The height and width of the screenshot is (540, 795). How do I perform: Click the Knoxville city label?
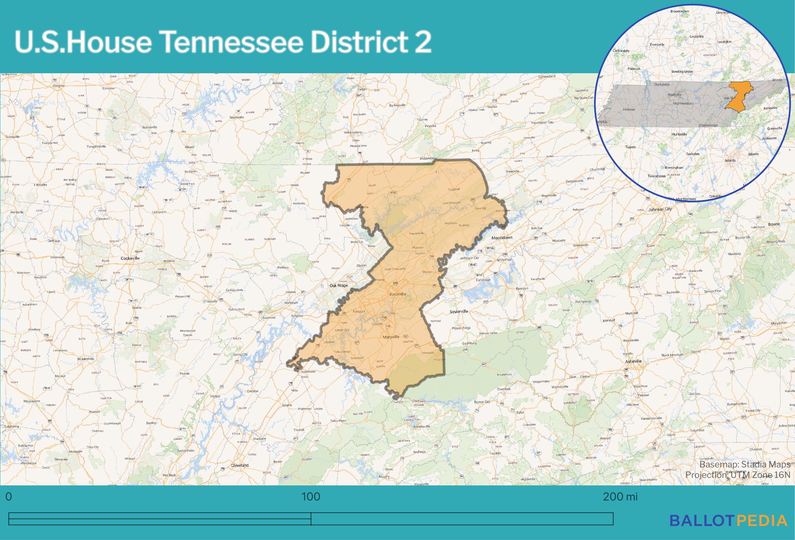398,294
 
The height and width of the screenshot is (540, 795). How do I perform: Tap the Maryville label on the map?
391,337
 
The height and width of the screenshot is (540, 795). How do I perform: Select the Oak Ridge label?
338,285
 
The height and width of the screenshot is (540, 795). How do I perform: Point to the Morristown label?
502,238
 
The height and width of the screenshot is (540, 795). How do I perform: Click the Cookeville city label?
130,258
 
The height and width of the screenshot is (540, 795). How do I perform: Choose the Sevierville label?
459,312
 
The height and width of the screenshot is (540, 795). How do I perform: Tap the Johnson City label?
660,209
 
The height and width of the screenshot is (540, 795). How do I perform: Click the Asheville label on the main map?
633,361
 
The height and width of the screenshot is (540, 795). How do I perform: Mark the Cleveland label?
240,465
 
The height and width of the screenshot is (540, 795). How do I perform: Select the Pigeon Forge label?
461,328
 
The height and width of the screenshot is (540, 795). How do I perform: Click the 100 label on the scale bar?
310,497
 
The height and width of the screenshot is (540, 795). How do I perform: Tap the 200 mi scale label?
620,497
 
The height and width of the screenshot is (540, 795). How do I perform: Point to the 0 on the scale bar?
9,497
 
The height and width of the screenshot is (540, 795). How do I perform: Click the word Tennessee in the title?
231,42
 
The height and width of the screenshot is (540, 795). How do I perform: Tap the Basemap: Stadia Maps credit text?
745,464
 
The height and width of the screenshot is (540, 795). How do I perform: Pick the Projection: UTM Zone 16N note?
738,475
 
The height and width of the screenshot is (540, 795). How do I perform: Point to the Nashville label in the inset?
674,95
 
